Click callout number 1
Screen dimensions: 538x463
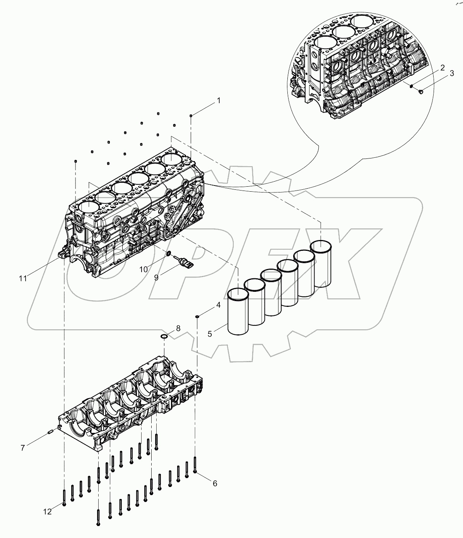[219, 101]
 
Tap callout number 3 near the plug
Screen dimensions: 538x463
[451, 74]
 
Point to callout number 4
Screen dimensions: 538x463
[218, 305]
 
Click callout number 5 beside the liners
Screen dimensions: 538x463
[210, 334]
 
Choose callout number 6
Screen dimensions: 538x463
[215, 483]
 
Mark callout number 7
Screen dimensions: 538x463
[23, 448]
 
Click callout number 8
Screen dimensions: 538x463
[178, 328]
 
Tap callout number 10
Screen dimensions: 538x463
[144, 269]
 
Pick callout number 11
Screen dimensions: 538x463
[23, 278]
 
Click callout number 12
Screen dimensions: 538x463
[47, 512]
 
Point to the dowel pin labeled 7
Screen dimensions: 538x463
[50, 432]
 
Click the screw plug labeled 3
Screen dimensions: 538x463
[421, 91]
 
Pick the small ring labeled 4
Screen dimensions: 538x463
[197, 317]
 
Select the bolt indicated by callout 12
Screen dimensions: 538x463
[64, 497]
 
